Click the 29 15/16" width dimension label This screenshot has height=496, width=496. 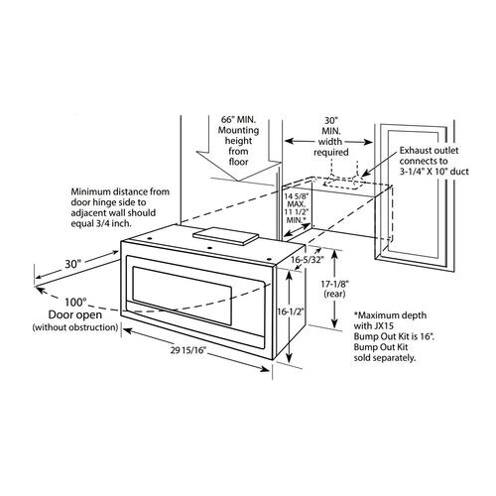[x=188, y=350]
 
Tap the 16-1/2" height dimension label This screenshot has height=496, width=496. [x=291, y=311]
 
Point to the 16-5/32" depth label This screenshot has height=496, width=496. [x=307, y=260]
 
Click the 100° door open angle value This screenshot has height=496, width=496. [x=74, y=303]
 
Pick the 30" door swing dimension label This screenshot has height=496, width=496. [x=72, y=264]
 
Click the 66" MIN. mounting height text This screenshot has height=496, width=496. [x=238, y=119]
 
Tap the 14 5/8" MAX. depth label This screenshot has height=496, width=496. [x=297, y=199]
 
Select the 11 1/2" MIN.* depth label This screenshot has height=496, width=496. [x=297, y=215]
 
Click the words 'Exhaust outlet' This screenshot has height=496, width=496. [x=429, y=151]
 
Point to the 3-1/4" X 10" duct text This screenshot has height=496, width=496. [x=434, y=172]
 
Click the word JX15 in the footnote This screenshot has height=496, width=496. [x=384, y=325]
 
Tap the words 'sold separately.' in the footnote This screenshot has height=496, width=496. [x=385, y=358]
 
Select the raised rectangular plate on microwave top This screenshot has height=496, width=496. [x=225, y=236]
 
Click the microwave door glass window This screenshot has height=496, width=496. [x=182, y=296]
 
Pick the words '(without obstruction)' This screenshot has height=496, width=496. [x=75, y=327]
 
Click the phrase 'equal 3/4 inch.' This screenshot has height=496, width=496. [x=101, y=223]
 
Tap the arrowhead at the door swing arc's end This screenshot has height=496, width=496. [x=39, y=290]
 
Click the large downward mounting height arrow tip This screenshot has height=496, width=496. [x=238, y=181]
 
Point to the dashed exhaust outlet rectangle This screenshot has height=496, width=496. [x=341, y=183]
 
